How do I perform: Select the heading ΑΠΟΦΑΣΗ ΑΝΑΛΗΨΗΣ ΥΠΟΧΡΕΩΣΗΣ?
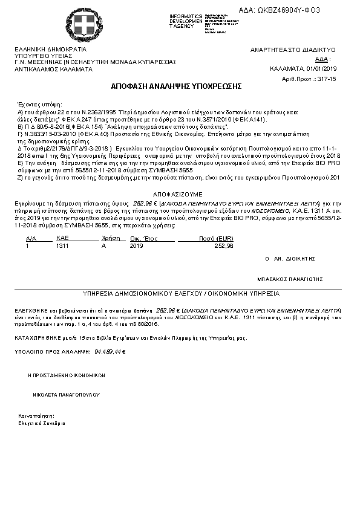tap(177, 86)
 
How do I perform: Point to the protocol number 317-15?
tap(326, 79)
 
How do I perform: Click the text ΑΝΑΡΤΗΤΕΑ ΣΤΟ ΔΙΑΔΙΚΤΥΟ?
tap(293, 50)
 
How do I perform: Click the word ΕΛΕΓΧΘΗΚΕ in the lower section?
tap(32, 310)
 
